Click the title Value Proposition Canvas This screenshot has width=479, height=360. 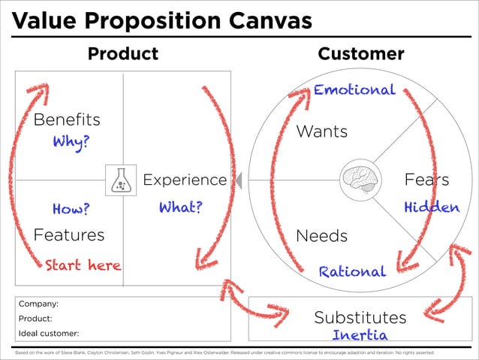coord(162,20)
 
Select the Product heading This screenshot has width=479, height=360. coord(123,54)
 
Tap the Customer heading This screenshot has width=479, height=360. coord(361,54)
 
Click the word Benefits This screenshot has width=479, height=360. coord(67,119)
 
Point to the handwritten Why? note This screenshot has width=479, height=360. coord(70,142)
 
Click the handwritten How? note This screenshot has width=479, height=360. coord(71,208)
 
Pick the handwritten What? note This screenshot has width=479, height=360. coord(180,207)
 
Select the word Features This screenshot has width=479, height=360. coord(69,235)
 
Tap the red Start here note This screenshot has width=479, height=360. coord(83,265)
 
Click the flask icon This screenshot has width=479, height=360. coord(121,180)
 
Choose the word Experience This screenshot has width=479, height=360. coord(185,180)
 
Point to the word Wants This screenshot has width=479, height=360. coord(322,132)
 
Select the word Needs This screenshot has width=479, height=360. coord(322,236)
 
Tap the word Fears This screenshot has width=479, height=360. coord(426,180)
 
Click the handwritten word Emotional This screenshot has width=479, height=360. coord(354,90)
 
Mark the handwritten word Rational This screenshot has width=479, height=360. coord(352,271)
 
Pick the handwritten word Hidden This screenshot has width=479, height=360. coord(431,207)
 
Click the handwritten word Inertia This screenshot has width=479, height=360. coord(360,334)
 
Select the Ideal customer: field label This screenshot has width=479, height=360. coord(49,332)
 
